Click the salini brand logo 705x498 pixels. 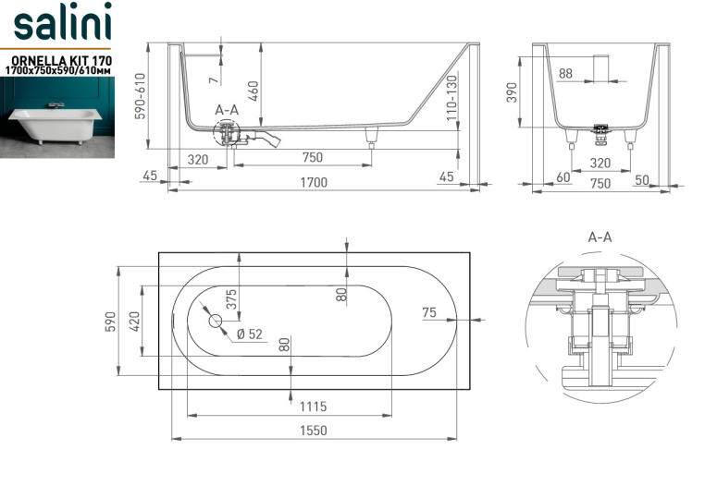point(62,21)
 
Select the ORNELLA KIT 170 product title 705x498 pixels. point(61,61)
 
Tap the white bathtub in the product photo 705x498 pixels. point(56,124)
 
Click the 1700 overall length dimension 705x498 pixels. point(314,182)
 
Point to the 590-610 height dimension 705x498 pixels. point(141,96)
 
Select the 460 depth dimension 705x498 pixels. point(254,91)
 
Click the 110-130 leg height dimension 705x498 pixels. point(451,97)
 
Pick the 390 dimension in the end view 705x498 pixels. point(513,92)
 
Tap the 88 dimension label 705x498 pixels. point(565,73)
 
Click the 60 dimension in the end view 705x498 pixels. point(563,177)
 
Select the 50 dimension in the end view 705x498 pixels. point(641,179)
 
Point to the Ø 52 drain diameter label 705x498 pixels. point(249,334)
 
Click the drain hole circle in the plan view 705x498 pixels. point(216,322)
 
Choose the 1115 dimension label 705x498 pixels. point(313,407)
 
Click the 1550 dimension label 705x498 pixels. point(314,431)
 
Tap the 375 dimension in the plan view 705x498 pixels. point(231,299)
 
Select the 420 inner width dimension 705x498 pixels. point(134,322)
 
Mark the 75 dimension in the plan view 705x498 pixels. point(429,312)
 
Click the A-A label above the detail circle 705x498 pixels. point(600,237)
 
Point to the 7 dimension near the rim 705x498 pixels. point(214,80)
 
